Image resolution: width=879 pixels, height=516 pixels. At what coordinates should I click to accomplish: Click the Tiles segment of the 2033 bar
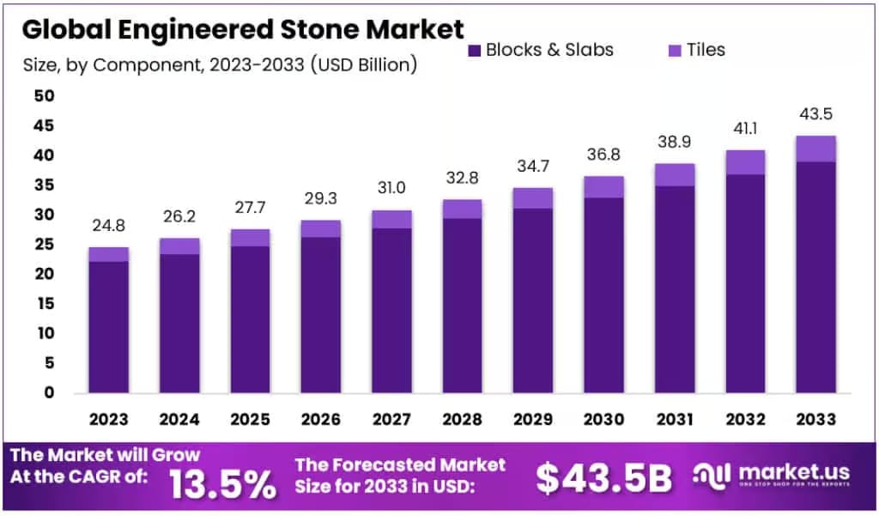tap(815, 149)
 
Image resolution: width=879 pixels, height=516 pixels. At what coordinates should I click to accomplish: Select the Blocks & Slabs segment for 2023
tap(109, 326)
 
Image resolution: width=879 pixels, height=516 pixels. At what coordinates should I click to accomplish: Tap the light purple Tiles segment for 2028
tap(462, 209)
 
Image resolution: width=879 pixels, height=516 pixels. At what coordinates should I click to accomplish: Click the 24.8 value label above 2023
tap(109, 228)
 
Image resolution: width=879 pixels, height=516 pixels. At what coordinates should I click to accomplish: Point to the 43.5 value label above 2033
tap(815, 115)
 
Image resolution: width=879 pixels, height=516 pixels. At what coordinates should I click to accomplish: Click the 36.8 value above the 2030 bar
tap(603, 155)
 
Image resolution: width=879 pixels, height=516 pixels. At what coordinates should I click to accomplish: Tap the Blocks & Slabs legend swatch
tap(475, 51)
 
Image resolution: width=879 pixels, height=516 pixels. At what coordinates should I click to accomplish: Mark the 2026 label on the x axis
tap(321, 419)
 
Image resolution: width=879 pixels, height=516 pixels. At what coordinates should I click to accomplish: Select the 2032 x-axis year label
tap(744, 419)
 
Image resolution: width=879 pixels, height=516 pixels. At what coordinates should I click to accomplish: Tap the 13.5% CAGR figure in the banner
tap(222, 483)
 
